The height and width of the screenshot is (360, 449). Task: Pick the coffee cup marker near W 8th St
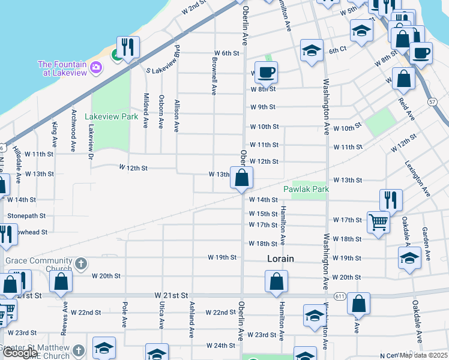tap(266, 73)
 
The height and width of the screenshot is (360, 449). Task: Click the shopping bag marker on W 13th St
tap(241, 178)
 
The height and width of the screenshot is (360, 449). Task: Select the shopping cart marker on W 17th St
tap(378, 222)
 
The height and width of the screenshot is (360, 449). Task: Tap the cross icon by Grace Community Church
tap(81, 263)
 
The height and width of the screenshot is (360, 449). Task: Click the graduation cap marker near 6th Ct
tap(312, 50)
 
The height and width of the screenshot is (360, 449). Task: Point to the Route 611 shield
tap(340, 296)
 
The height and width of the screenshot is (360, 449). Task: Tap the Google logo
tap(20, 353)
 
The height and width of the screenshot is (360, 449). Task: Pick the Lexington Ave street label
tap(417, 178)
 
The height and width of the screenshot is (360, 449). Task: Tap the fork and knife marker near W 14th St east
tap(391, 200)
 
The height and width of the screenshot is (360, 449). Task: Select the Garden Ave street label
tap(426, 244)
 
